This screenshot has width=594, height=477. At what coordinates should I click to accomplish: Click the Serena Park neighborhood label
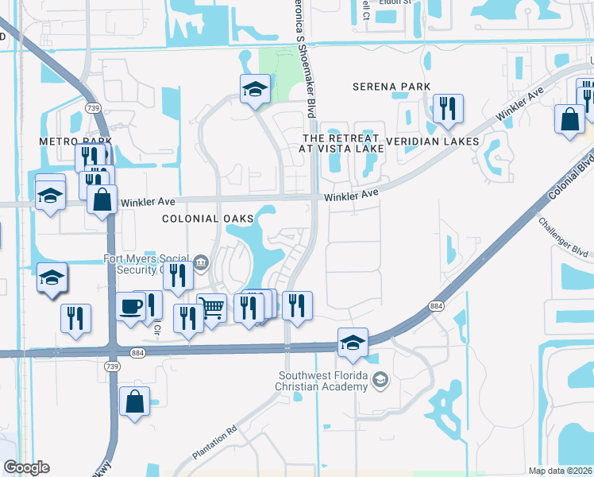(x=391, y=87)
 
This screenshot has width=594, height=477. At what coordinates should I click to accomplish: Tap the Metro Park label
(x=75, y=141)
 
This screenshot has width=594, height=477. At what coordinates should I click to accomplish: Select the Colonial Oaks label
(x=207, y=219)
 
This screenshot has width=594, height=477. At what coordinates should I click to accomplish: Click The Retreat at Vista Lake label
(x=343, y=142)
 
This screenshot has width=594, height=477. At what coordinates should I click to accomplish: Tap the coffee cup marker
(x=131, y=306)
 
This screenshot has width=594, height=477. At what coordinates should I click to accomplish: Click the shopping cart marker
(x=211, y=308)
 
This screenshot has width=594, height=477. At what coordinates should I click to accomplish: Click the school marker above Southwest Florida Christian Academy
(x=353, y=342)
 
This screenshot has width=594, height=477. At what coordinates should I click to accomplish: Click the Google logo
(x=26, y=467)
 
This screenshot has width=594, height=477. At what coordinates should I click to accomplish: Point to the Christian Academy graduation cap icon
(x=380, y=380)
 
